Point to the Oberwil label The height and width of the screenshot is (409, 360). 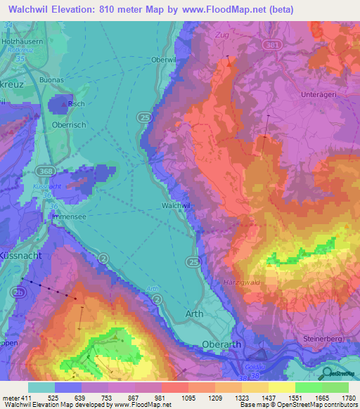click(163, 60)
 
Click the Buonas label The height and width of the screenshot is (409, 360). click(61, 80)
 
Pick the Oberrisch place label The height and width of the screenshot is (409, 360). click(68, 124)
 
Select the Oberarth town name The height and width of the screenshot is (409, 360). click(222, 344)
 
